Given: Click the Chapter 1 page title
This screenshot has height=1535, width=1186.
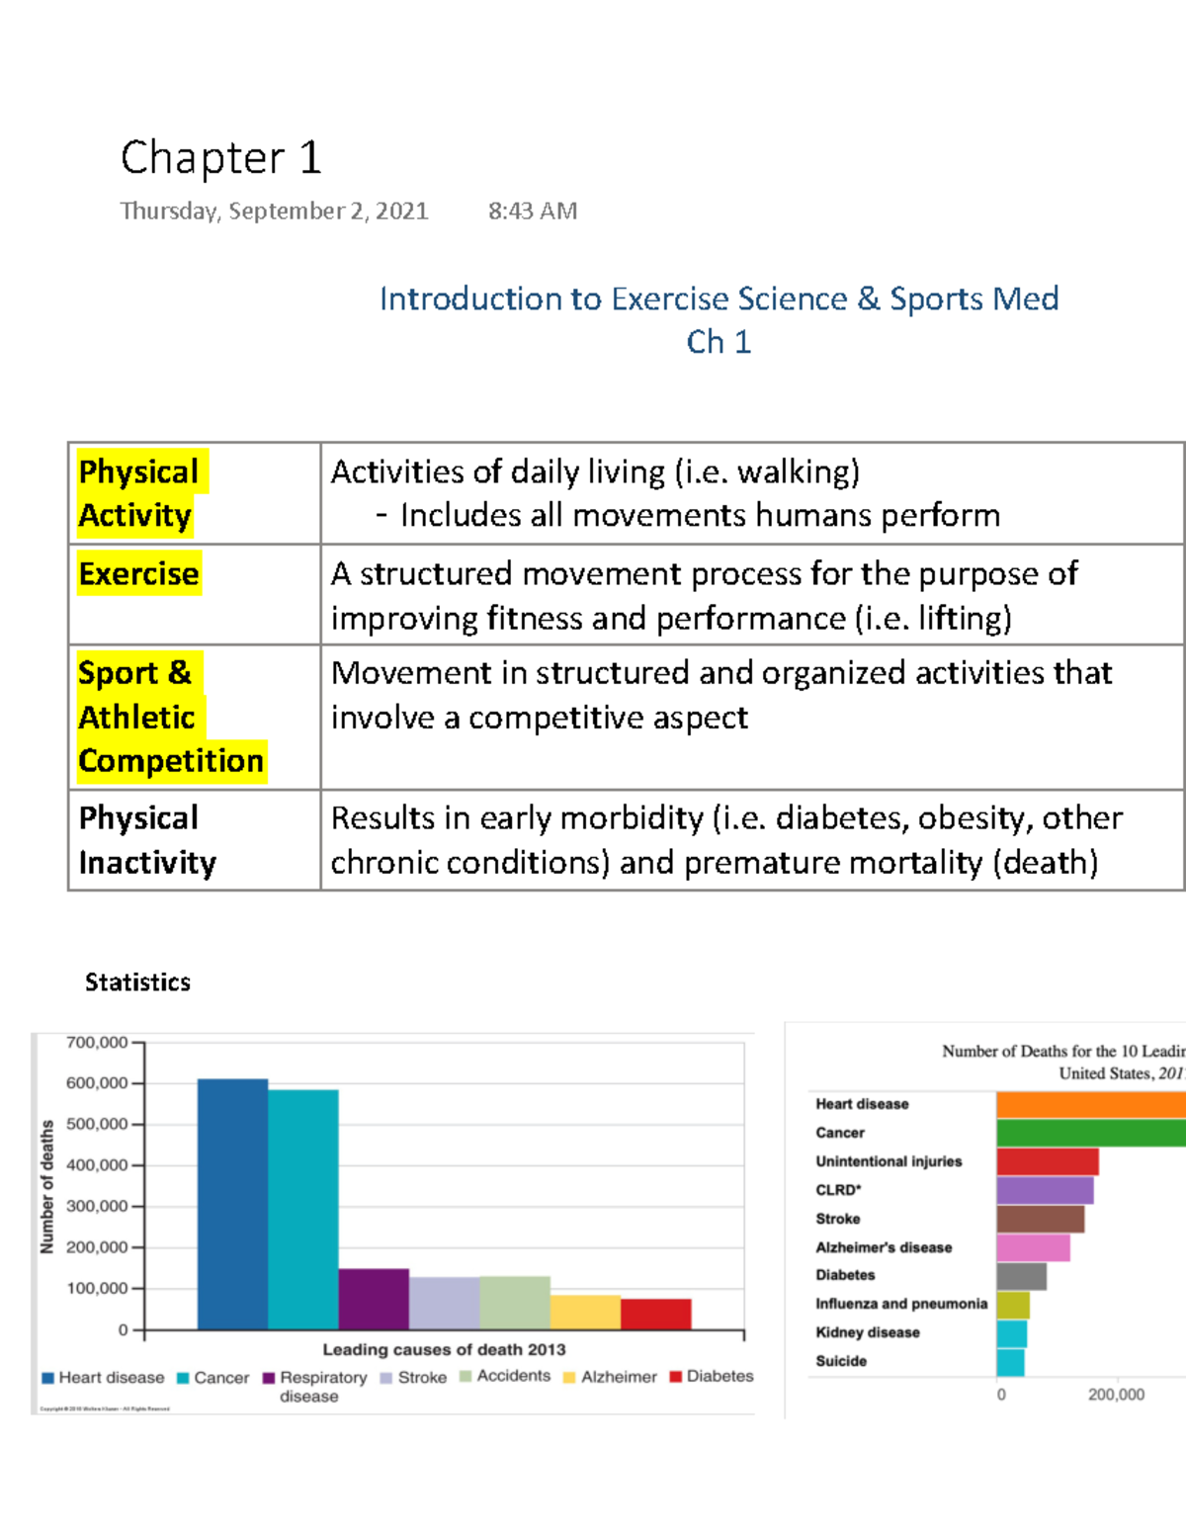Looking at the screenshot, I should [x=221, y=158].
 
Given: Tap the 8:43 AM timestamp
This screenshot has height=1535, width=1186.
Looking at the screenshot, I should [x=533, y=211].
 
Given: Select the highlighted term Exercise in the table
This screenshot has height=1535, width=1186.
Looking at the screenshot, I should [x=138, y=574].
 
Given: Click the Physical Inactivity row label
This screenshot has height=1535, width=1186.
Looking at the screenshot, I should [x=147, y=840].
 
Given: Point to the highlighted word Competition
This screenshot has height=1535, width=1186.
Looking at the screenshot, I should [x=171, y=761].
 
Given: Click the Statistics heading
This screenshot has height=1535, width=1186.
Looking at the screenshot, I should [x=137, y=981].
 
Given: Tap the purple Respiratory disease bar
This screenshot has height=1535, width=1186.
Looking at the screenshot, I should [x=374, y=1299].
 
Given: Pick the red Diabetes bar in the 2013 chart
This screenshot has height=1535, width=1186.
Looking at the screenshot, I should [x=656, y=1314].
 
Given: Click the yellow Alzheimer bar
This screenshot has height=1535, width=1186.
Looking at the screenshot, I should [x=585, y=1312].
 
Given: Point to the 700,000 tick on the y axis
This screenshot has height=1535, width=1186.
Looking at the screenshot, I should [x=97, y=1042].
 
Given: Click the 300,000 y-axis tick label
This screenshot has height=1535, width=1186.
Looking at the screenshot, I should [x=97, y=1206].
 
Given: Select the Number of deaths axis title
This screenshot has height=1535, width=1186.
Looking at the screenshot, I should [x=46, y=1186].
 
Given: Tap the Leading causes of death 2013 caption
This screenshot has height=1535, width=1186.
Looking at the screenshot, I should [x=444, y=1349].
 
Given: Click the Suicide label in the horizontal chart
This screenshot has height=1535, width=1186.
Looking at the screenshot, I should [x=841, y=1361].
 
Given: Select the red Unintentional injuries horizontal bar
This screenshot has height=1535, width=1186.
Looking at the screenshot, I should [x=1047, y=1161].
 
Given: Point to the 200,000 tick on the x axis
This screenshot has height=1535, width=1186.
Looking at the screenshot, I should [x=1116, y=1395].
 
